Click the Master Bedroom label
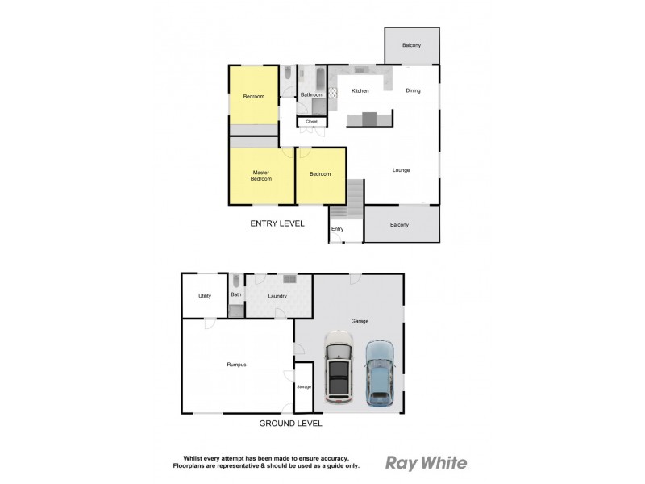click(x=261, y=175)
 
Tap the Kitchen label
click(x=360, y=90)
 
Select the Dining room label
click(x=413, y=90)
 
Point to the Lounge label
click(x=402, y=169)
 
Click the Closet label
click(x=311, y=122)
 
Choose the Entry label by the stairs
click(x=337, y=229)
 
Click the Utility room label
click(x=205, y=296)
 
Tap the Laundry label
click(x=278, y=296)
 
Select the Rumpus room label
click(x=236, y=365)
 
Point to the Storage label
click(x=304, y=387)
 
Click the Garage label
click(x=360, y=321)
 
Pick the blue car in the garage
click(x=379, y=372)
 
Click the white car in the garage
click(x=340, y=371)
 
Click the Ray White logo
click(x=426, y=462)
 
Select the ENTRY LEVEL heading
click(x=277, y=223)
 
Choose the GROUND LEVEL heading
click(x=291, y=423)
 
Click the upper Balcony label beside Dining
click(x=411, y=45)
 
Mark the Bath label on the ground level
click(x=236, y=294)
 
